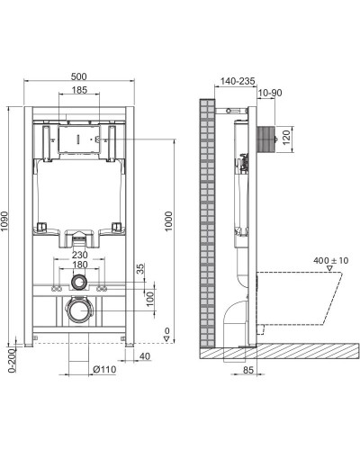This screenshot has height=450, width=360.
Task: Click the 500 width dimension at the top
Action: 80,78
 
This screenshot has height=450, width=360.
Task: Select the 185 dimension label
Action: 79,92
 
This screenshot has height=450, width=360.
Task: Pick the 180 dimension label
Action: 79,265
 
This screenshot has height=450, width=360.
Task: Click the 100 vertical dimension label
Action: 139,298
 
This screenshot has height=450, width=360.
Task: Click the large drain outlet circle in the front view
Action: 79,312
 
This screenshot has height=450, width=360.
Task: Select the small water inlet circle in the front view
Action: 79,283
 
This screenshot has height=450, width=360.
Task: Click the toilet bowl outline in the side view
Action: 306,297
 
